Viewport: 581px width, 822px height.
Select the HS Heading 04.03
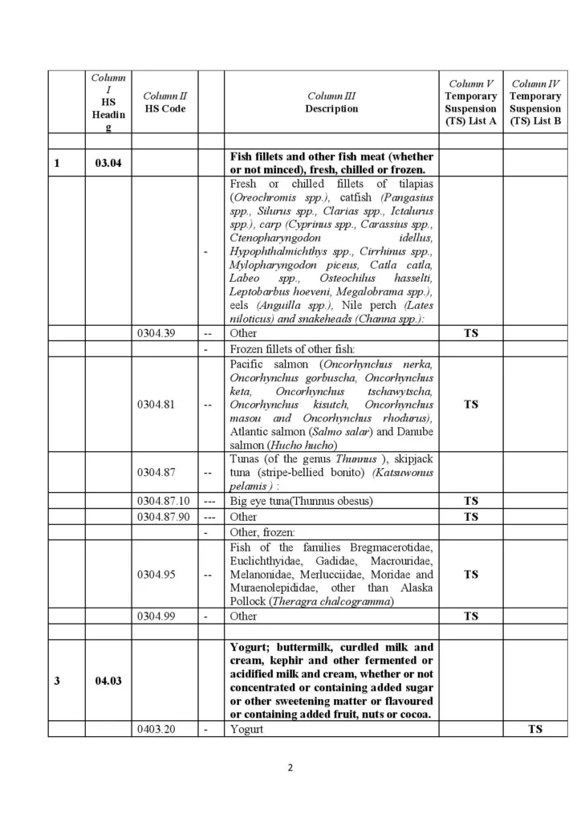click(108, 682)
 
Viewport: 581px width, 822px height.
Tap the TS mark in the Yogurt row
click(534, 729)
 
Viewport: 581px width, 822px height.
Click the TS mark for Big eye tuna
click(471, 501)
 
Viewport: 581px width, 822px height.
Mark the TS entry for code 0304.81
click(471, 405)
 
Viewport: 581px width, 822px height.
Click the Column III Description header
click(331, 103)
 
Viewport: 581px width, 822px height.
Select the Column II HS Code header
click(165, 103)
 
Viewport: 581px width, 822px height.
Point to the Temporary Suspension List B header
click(535, 102)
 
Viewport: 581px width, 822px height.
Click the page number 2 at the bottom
click(290, 767)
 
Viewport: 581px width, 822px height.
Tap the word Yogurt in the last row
click(246, 729)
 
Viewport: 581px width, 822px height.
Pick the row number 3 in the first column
click(57, 682)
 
